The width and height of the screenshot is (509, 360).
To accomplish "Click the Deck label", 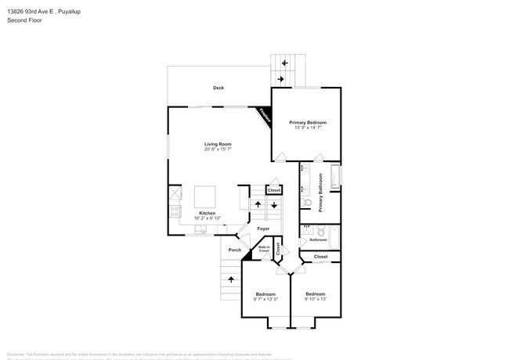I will pyautogui.click(x=218, y=88).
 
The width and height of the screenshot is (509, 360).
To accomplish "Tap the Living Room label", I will pyautogui.click(x=218, y=144).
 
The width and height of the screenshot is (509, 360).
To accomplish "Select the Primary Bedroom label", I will pyautogui.click(x=307, y=122).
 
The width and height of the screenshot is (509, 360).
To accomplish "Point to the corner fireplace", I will pyautogui.click(x=265, y=116).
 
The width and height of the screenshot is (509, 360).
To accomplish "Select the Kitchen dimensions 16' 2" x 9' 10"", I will pyautogui.click(x=207, y=218).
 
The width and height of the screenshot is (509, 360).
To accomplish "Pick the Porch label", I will pyautogui.click(x=234, y=250).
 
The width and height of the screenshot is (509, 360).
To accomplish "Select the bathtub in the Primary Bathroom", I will pyautogui.click(x=335, y=178).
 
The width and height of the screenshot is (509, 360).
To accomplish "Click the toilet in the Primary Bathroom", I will pyautogui.click(x=308, y=204).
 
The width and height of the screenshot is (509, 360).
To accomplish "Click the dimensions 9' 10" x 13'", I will pyautogui.click(x=316, y=299).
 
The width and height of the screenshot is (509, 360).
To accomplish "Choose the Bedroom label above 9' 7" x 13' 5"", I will pyautogui.click(x=265, y=293).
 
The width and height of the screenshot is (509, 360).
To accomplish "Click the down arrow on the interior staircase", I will pyautogui.click(x=273, y=205).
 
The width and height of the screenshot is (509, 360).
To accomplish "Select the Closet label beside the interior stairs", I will pyautogui.click(x=273, y=190).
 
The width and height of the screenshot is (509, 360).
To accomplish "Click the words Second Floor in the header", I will pyautogui.click(x=25, y=20).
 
